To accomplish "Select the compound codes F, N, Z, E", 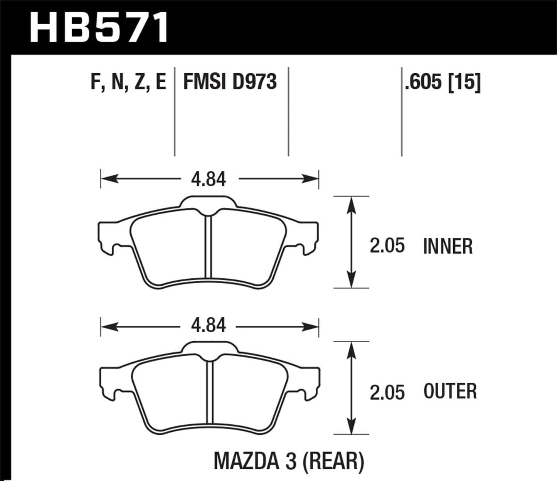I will click(128, 82).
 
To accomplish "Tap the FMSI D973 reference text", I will click(230, 82).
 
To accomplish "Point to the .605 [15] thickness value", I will click(443, 82).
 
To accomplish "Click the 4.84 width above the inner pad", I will click(209, 179).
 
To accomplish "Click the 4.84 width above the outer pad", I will click(209, 326).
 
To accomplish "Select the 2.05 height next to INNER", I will click(387, 246).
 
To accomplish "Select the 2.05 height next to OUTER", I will click(387, 392).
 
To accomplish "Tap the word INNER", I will click(448, 246).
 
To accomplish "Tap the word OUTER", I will click(450, 391).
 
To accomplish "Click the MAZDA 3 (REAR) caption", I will click(289, 461).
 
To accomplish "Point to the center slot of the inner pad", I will click(208, 247).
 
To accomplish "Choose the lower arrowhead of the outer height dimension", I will click(351, 426).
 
